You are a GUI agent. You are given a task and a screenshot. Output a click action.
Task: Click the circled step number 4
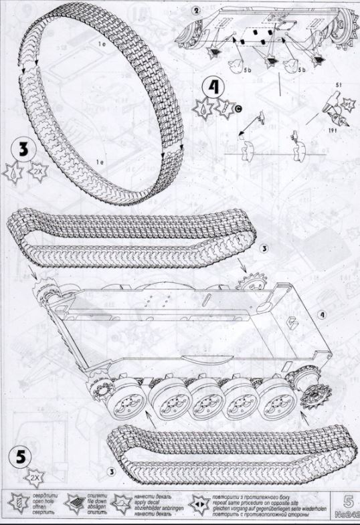(x=212, y=87)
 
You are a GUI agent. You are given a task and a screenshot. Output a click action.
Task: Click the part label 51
(x=339, y=85)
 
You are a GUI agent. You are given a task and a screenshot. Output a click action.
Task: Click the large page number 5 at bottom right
(x=347, y=498)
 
